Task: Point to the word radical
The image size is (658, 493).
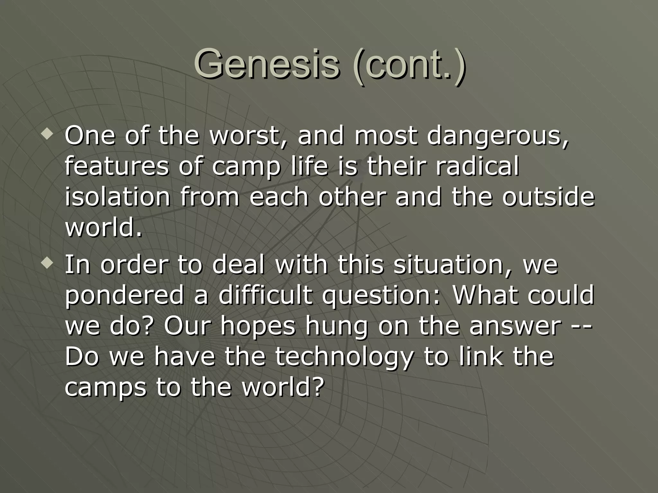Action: (x=477, y=167)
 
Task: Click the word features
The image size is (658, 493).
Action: (x=116, y=167)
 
